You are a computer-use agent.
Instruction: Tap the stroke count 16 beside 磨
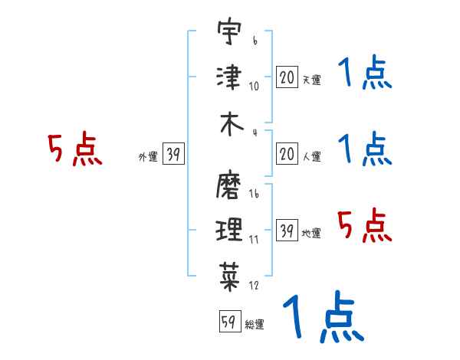coord(254,195)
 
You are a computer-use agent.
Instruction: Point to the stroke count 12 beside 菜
coord(254,286)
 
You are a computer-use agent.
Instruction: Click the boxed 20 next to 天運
coord(287,77)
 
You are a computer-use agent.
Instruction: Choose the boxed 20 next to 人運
coord(287,155)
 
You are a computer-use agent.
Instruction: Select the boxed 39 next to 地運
coord(287,231)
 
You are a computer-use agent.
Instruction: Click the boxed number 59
coord(228,322)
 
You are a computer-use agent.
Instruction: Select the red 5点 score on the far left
coord(74,150)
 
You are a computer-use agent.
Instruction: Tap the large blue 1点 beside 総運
coord(322,316)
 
